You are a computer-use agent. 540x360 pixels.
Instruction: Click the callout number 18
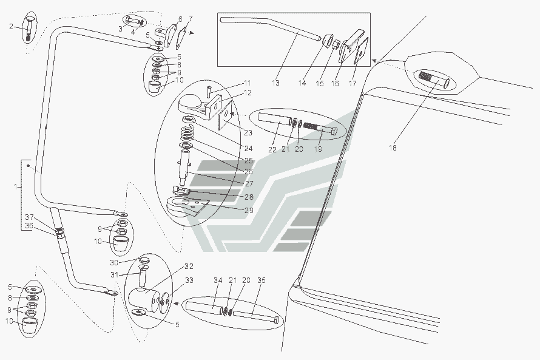pyautogui.click(x=393, y=148)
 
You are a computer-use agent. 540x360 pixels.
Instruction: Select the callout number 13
pyautogui.click(x=275, y=83)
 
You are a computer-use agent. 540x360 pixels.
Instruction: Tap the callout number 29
pyautogui.click(x=249, y=210)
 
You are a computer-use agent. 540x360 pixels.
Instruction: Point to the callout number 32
pyautogui.click(x=189, y=267)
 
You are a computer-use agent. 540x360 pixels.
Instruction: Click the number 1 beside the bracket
pyautogui.click(x=16, y=187)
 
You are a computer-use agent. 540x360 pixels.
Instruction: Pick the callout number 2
pyautogui.click(x=11, y=27)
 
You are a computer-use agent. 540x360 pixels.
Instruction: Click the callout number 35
pyautogui.click(x=262, y=280)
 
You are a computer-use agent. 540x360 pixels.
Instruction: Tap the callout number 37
pyautogui.click(x=29, y=217)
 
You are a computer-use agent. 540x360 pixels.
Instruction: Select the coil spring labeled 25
pyautogui.click(x=186, y=133)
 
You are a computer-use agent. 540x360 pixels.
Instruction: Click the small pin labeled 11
pyautogui.click(x=208, y=91)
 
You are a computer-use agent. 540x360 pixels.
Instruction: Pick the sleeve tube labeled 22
pyautogui.click(x=274, y=118)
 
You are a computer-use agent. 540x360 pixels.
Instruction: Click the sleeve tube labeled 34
pyautogui.click(x=204, y=308)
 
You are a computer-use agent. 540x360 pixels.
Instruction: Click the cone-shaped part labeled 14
pyautogui.click(x=327, y=39)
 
